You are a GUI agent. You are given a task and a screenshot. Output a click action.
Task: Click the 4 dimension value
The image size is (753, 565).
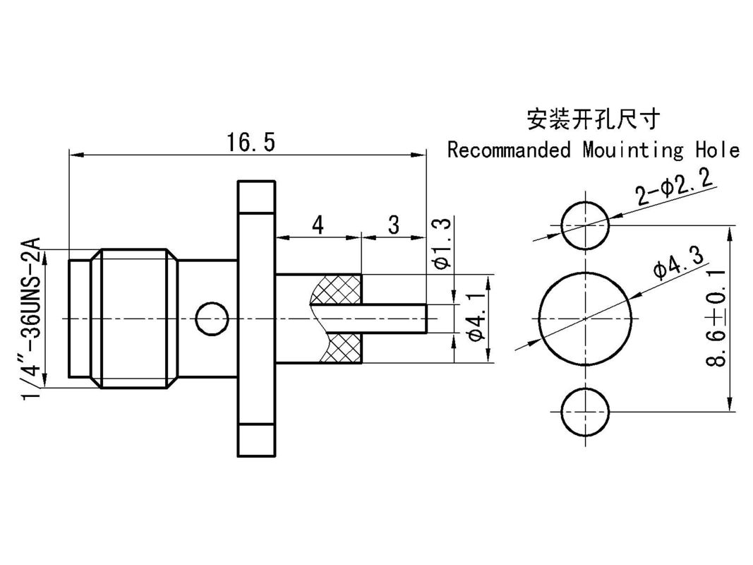pyautogui.click(x=318, y=225)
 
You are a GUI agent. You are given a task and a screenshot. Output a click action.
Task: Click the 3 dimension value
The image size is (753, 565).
pyautogui.click(x=394, y=225)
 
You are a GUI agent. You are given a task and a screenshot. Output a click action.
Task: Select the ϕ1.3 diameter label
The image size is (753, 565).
pyautogui.click(x=442, y=244)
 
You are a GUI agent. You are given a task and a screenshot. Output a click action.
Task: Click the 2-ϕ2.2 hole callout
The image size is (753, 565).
pyautogui.click(x=675, y=189)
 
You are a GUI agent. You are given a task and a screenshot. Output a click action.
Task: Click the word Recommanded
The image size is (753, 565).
pyautogui.click(x=509, y=150)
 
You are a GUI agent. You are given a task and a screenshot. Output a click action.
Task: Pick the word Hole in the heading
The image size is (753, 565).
pyautogui.click(x=717, y=150)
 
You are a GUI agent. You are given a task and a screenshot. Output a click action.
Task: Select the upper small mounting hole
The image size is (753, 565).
pyautogui.click(x=585, y=226)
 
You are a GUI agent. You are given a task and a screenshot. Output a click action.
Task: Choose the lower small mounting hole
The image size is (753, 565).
pyautogui.click(x=585, y=411)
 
